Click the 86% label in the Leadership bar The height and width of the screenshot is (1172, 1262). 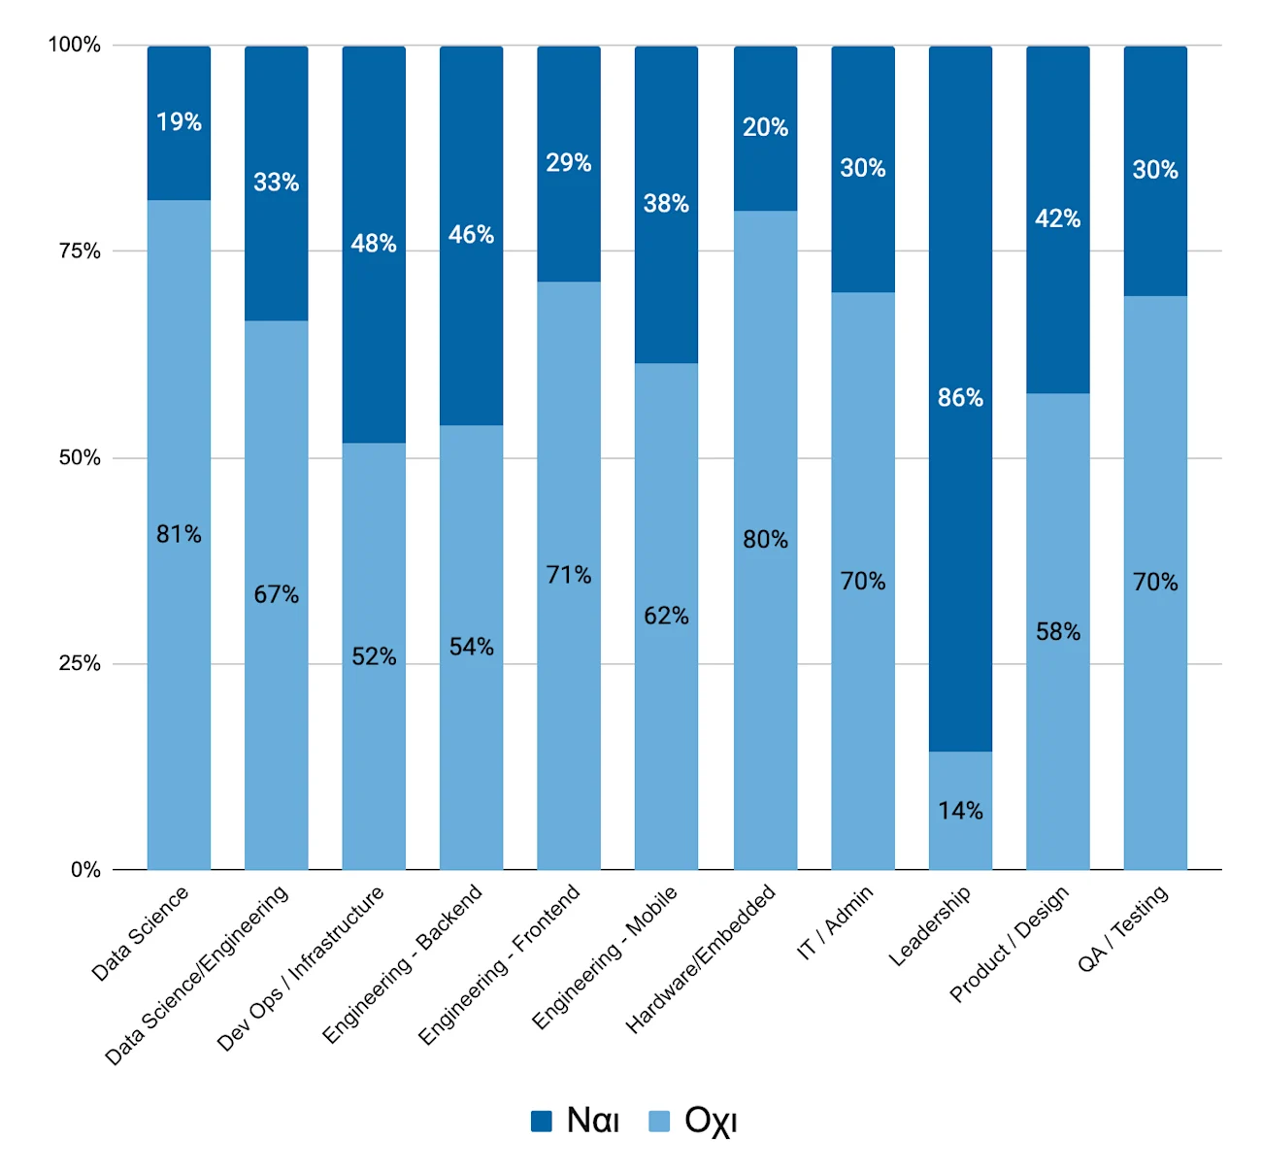(959, 397)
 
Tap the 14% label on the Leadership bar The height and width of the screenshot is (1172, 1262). (959, 810)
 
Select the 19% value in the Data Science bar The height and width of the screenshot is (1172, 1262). (179, 121)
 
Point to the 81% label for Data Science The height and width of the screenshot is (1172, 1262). (179, 533)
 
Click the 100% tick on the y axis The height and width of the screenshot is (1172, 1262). (75, 45)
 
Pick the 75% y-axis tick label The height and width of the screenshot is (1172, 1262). (80, 251)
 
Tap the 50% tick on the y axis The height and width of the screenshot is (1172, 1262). (80, 457)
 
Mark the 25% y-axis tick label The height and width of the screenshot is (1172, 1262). (80, 663)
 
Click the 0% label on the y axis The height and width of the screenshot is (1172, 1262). (85, 869)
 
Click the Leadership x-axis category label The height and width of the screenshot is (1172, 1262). (930, 926)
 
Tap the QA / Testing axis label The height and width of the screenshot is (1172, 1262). (1123, 928)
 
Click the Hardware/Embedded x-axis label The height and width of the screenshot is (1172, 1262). (700, 959)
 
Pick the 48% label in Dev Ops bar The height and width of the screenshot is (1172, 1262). (373, 244)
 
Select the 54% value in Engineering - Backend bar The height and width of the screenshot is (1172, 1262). (471, 647)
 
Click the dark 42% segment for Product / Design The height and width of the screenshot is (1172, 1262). (1057, 219)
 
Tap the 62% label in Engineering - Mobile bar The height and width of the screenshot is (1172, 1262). (666, 616)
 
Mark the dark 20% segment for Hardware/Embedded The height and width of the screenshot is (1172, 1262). (765, 128)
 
